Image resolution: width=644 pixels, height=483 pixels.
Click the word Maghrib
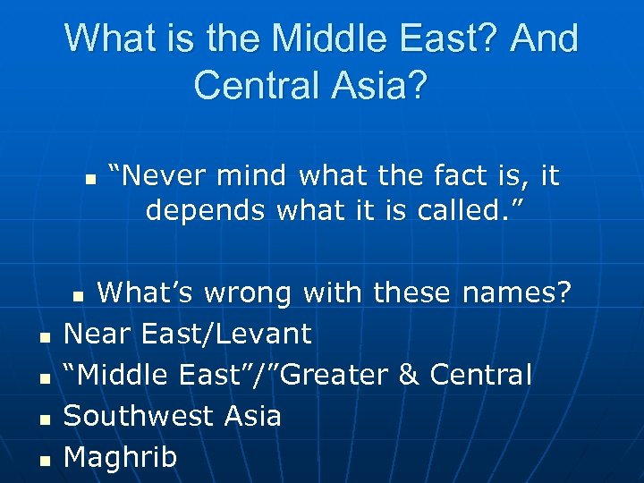click(121, 457)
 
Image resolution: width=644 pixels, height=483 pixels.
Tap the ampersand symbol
click(408, 375)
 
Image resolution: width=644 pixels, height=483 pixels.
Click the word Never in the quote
click(153, 175)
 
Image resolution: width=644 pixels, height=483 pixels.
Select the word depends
click(206, 211)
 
